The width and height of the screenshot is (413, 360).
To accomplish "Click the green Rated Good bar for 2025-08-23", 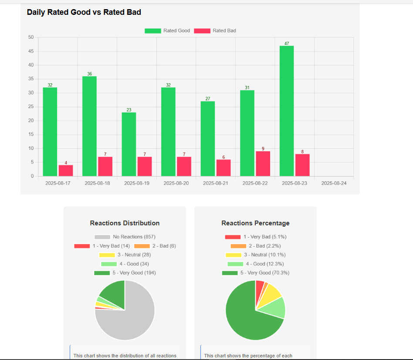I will (286, 111).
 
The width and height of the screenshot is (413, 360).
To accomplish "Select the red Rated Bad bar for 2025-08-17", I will (66, 170).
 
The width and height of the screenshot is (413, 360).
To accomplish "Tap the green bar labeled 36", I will (89, 126).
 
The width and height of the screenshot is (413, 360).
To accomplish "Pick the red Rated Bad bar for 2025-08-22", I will (263, 163).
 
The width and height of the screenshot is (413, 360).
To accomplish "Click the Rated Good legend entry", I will (167, 31).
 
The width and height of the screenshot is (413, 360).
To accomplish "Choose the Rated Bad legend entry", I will (214, 31).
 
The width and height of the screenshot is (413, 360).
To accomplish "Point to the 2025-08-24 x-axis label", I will (334, 183).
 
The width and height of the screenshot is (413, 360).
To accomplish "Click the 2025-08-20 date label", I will (176, 183).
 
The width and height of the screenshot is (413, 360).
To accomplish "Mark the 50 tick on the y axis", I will (30, 37).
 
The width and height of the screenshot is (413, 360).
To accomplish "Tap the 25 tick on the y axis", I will (30, 107).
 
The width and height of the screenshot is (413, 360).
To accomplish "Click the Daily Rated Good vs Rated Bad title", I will (84, 12).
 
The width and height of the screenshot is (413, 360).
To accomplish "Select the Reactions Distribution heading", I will (125, 223).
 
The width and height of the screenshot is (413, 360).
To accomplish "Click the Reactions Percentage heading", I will (255, 223).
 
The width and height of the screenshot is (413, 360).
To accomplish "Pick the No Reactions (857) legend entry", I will (125, 237).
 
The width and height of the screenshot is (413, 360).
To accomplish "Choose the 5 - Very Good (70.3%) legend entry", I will (256, 273).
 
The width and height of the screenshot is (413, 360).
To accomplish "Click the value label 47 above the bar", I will (287, 44).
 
